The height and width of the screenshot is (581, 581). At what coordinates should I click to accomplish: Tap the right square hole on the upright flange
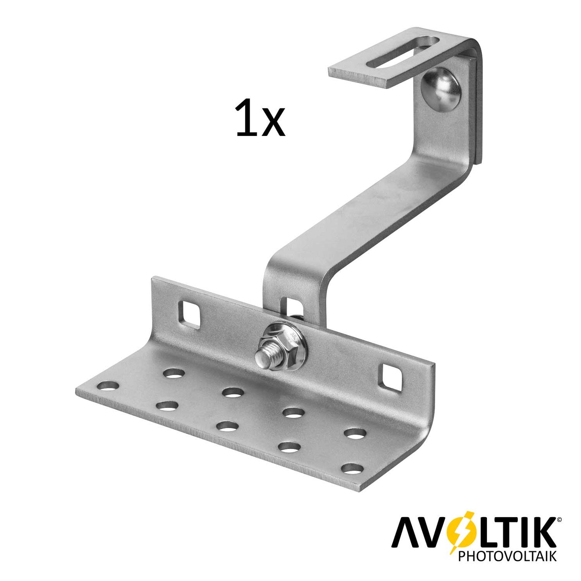(x=392, y=377)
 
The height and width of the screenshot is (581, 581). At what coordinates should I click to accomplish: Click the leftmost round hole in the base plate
(x=108, y=387)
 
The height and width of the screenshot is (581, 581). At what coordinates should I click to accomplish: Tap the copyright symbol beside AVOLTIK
(x=559, y=520)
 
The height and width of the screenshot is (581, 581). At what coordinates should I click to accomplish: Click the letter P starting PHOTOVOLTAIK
(x=462, y=557)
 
